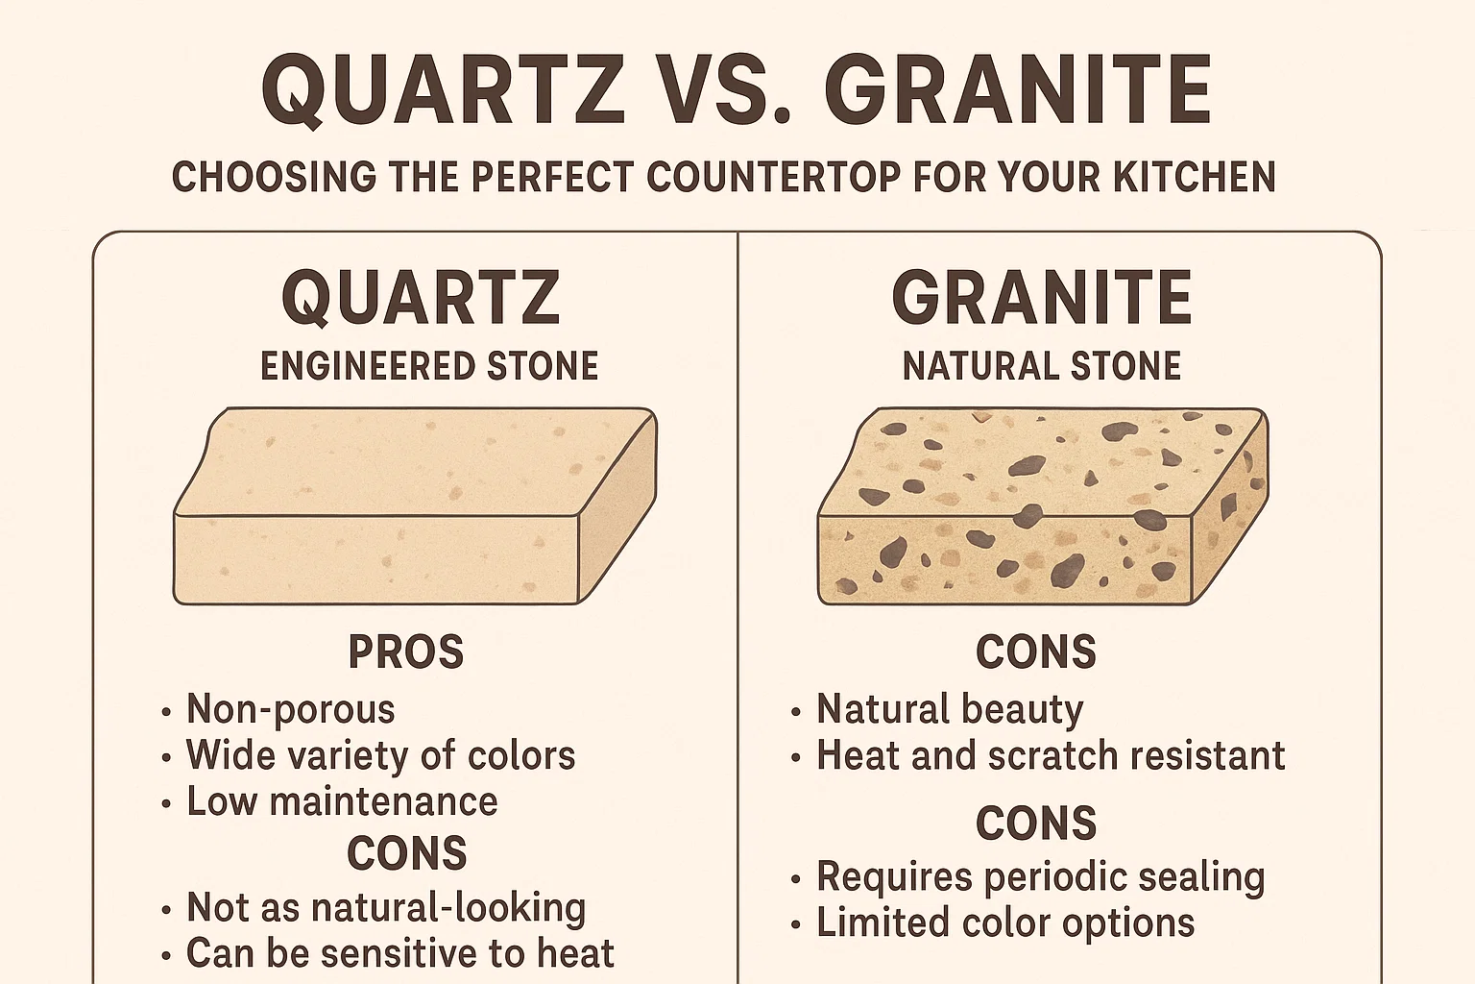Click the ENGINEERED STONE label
[429, 366]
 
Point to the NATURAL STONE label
[1042, 366]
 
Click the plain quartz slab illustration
[415, 506]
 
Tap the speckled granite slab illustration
[1042, 506]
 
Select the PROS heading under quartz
[406, 652]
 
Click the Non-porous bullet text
[290, 709]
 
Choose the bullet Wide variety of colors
[380, 755]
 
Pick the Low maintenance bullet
[342, 801]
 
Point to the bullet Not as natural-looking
[386, 907]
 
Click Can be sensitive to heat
[399, 953]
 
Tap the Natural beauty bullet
[950, 709]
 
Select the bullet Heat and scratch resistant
[1051, 755]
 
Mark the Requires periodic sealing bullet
[1040, 876]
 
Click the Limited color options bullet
[1005, 922]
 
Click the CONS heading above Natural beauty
[1036, 652]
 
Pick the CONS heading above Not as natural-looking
[407, 853]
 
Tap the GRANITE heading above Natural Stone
[1042, 298]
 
